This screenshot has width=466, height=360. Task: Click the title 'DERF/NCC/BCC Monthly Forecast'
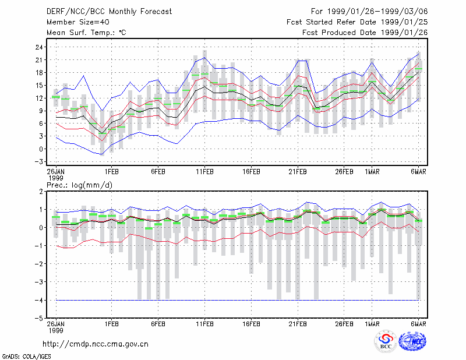[109, 12]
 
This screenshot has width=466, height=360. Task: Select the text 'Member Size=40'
[78, 22]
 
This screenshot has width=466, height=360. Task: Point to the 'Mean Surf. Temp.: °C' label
[86, 33]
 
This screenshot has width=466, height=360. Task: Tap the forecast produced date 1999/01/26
[404, 33]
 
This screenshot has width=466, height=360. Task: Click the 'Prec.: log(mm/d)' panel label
[79, 185]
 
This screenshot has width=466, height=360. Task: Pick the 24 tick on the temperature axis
[39, 47]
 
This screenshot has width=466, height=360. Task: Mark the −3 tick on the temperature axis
[38, 162]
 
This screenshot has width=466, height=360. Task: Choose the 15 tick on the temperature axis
[39, 85]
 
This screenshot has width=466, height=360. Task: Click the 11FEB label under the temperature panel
[204, 172]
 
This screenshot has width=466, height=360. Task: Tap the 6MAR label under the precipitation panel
[418, 324]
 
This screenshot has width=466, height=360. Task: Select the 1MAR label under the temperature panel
[372, 172]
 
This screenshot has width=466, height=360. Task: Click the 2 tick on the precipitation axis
[41, 192]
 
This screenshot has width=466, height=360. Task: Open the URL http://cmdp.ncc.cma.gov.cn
[96, 344]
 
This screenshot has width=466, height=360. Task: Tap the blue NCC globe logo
[412, 341]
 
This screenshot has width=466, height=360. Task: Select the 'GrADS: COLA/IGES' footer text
[26, 356]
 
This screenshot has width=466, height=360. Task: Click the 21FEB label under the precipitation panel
[298, 324]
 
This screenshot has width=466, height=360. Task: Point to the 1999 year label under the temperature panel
[56, 178]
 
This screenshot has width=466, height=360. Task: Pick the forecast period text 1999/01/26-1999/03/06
[377, 12]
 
